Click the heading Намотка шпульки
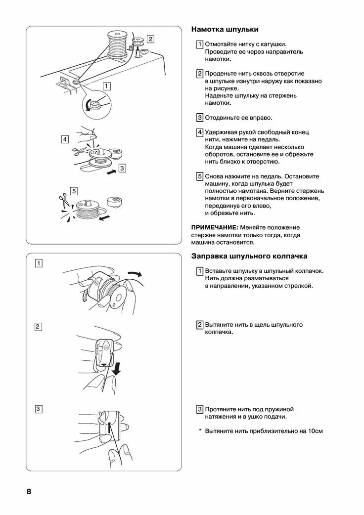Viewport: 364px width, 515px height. (225, 30)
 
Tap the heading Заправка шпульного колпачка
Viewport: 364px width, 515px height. (249, 256)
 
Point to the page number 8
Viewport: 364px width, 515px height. (29, 492)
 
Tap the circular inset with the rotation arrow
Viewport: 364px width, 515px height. (96, 105)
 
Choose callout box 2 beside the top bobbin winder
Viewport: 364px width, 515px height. (150, 39)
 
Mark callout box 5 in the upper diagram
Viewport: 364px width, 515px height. (74, 190)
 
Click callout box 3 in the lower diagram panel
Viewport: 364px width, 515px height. (38, 409)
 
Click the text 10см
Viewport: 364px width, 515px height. (315, 431)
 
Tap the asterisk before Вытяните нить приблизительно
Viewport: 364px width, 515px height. (200, 431)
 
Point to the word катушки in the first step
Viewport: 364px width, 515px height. (274, 44)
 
